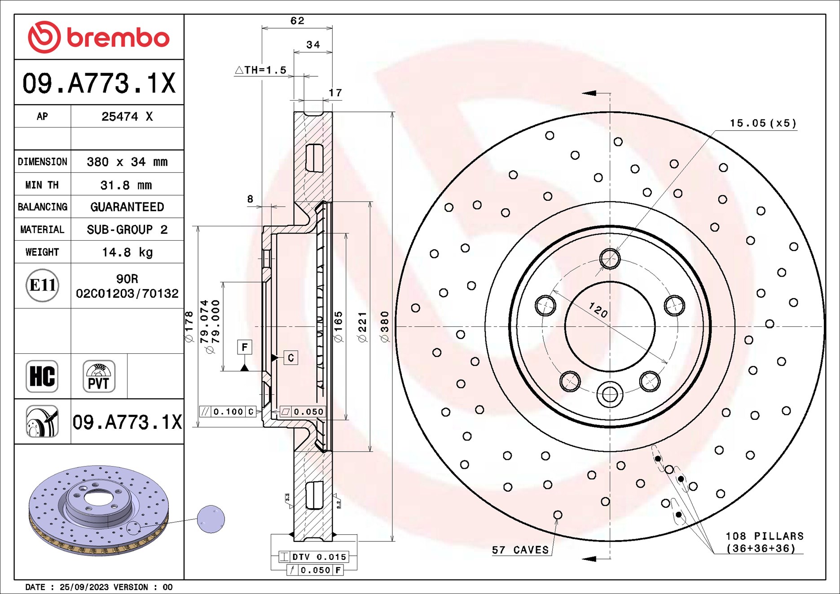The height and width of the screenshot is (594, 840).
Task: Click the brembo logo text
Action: tap(118, 37)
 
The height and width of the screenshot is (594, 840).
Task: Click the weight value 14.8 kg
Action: tap(127, 252)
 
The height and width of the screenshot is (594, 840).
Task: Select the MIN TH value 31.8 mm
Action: tap(126, 185)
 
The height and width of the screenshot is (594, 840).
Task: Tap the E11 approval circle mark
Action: tap(42, 285)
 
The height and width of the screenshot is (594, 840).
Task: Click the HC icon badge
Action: tap(42, 376)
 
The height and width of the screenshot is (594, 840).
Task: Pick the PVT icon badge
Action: tap(99, 376)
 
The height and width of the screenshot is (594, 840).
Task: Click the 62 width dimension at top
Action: tap(297, 21)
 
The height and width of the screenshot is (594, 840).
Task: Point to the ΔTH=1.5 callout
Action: tap(261, 70)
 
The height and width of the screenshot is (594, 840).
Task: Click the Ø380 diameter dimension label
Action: tap(385, 326)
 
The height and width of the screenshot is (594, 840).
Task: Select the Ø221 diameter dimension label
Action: tap(362, 327)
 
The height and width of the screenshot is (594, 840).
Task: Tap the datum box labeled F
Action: tap(244, 347)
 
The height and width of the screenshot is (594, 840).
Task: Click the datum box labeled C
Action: tap(290, 358)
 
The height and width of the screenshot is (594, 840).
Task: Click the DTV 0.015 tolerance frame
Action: tap(313, 557)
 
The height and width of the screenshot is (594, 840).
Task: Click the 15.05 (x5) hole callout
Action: tap(762, 123)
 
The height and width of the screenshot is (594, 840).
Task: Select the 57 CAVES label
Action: tap(520, 550)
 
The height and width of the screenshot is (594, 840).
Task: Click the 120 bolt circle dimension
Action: tap(598, 310)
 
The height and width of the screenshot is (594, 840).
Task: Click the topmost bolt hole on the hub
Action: tap(610, 259)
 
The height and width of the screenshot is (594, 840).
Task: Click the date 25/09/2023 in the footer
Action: tap(84, 587)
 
